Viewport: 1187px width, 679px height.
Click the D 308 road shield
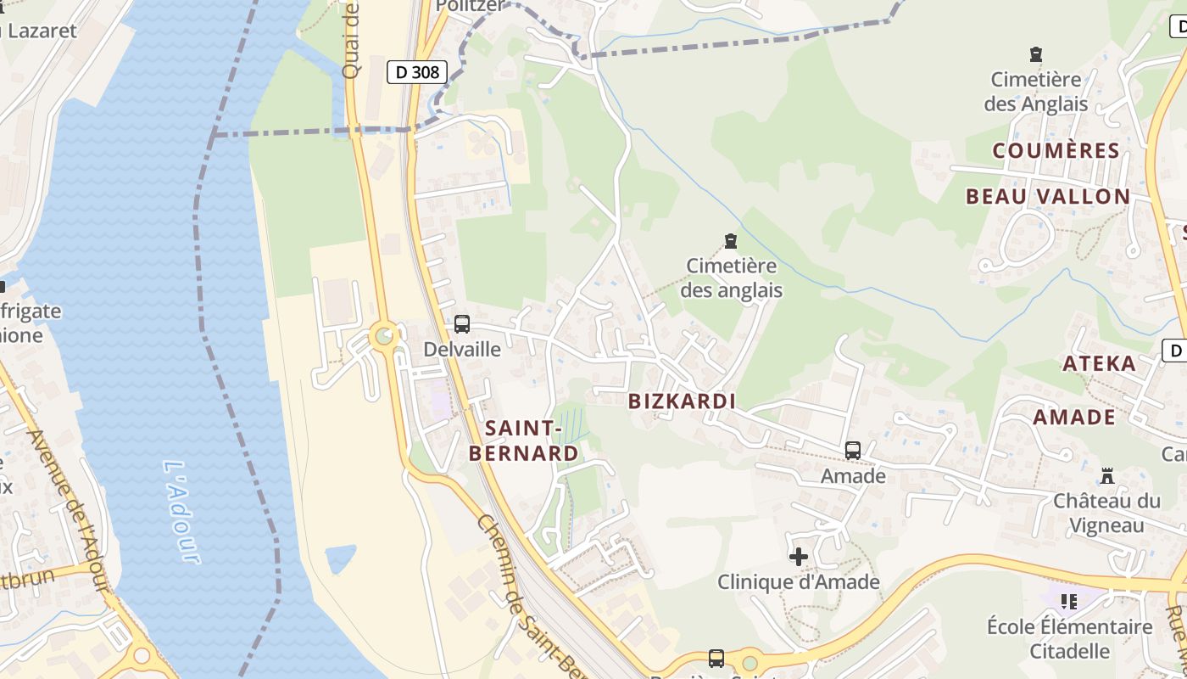(417, 72)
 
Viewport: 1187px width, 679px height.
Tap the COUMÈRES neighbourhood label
(1056, 151)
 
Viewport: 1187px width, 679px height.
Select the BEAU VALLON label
(1048, 197)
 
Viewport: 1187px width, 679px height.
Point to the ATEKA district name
(1100, 364)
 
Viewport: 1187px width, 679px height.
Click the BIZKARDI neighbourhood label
(682, 401)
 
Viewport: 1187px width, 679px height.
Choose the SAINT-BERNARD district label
(524, 441)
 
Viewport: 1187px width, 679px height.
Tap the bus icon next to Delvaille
(462, 323)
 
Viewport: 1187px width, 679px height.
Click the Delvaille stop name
(462, 349)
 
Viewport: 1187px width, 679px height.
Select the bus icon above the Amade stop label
(853, 451)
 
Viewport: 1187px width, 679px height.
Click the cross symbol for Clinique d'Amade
(798, 557)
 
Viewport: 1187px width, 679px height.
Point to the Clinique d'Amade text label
(799, 582)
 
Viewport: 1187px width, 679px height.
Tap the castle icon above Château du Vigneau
(1106, 475)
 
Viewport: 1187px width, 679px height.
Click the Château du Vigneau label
(1106, 513)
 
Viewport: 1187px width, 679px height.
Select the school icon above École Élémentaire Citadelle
(1069, 602)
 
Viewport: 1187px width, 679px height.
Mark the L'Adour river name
(181, 513)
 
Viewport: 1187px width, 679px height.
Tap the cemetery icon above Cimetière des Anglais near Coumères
(1035, 55)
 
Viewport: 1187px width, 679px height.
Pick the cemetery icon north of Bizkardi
(730, 242)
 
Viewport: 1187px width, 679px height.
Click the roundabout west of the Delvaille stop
(385, 336)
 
